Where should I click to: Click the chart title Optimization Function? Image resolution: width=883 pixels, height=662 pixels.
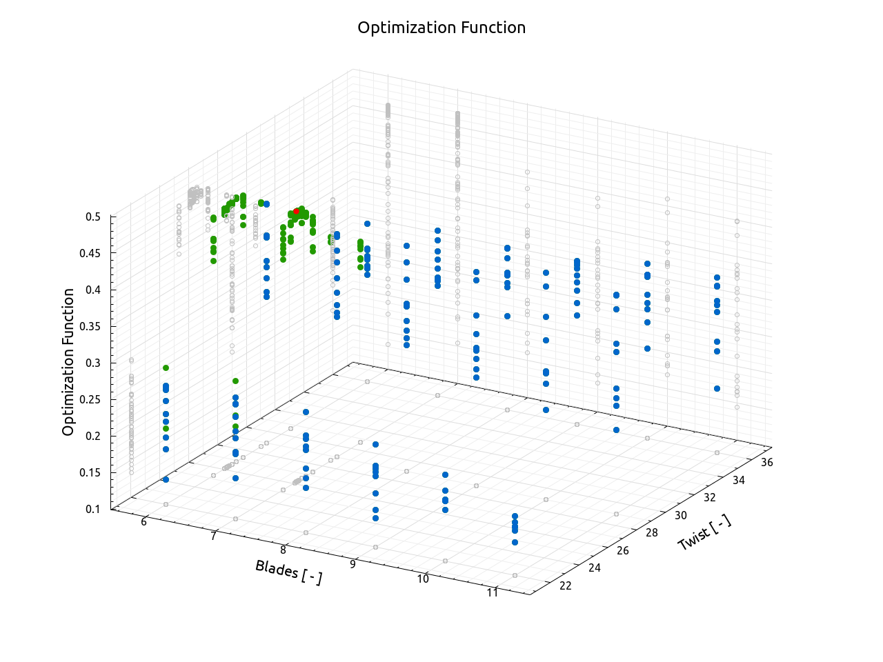(441, 28)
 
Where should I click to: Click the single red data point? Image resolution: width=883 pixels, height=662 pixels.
(297, 211)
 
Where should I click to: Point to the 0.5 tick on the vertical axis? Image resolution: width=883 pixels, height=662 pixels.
(93, 217)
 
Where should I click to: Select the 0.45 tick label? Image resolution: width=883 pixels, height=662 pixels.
(90, 253)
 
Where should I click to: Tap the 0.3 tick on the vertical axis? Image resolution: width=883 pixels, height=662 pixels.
(93, 363)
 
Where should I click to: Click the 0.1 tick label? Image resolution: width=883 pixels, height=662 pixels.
(93, 509)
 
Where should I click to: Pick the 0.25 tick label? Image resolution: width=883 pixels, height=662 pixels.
(90, 399)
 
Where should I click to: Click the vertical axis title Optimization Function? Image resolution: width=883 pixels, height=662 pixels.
(68, 362)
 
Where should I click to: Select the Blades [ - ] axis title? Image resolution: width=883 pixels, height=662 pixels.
(288, 572)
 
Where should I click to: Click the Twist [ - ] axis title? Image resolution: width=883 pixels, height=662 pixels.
(704, 533)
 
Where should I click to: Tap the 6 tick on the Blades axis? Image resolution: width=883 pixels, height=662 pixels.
(144, 522)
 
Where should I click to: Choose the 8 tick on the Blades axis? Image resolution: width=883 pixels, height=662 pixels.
(283, 550)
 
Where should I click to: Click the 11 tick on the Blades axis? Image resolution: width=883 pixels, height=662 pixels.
(493, 592)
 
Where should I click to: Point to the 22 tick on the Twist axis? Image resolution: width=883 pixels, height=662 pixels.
(566, 585)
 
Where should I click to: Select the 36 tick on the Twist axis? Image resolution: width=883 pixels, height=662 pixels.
(766, 462)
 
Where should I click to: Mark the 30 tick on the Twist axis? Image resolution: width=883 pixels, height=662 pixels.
(681, 515)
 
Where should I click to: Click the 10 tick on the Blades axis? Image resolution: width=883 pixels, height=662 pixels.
(423, 579)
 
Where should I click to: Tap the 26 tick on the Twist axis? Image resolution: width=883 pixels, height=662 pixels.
(623, 550)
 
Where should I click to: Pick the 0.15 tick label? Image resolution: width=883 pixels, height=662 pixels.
(90, 472)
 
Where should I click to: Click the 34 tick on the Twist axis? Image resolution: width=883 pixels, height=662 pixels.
(738, 480)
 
